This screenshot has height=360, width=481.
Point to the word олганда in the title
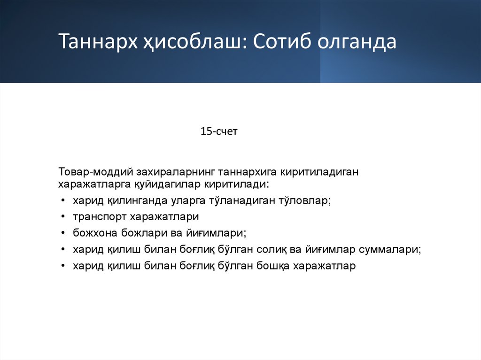357,42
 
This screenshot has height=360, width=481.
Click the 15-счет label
219,131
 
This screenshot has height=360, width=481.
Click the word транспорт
99,217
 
